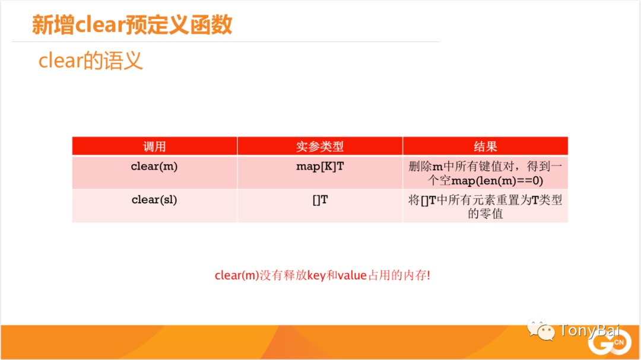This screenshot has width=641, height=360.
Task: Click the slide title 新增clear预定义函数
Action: (x=132, y=24)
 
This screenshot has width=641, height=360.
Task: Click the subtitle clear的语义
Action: (x=91, y=61)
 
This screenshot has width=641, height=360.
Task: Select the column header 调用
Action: (x=154, y=146)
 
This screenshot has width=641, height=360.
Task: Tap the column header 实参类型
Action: (x=320, y=146)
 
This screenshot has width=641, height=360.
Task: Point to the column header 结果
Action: (x=485, y=146)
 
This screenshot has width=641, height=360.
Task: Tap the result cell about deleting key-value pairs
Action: (x=485, y=173)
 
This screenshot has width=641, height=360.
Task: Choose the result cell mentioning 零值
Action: (x=485, y=206)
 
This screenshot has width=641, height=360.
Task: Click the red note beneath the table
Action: (x=322, y=275)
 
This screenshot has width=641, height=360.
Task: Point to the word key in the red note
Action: (x=316, y=275)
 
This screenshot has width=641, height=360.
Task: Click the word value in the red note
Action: (x=352, y=275)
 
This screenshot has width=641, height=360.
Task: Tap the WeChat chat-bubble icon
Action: (x=541, y=329)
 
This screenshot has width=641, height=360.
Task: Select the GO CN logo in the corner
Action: (x=610, y=342)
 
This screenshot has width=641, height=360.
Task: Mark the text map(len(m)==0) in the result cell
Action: (x=497, y=181)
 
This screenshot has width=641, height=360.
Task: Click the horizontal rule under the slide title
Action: (x=226, y=42)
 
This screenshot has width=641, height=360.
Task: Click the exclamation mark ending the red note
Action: (x=429, y=275)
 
